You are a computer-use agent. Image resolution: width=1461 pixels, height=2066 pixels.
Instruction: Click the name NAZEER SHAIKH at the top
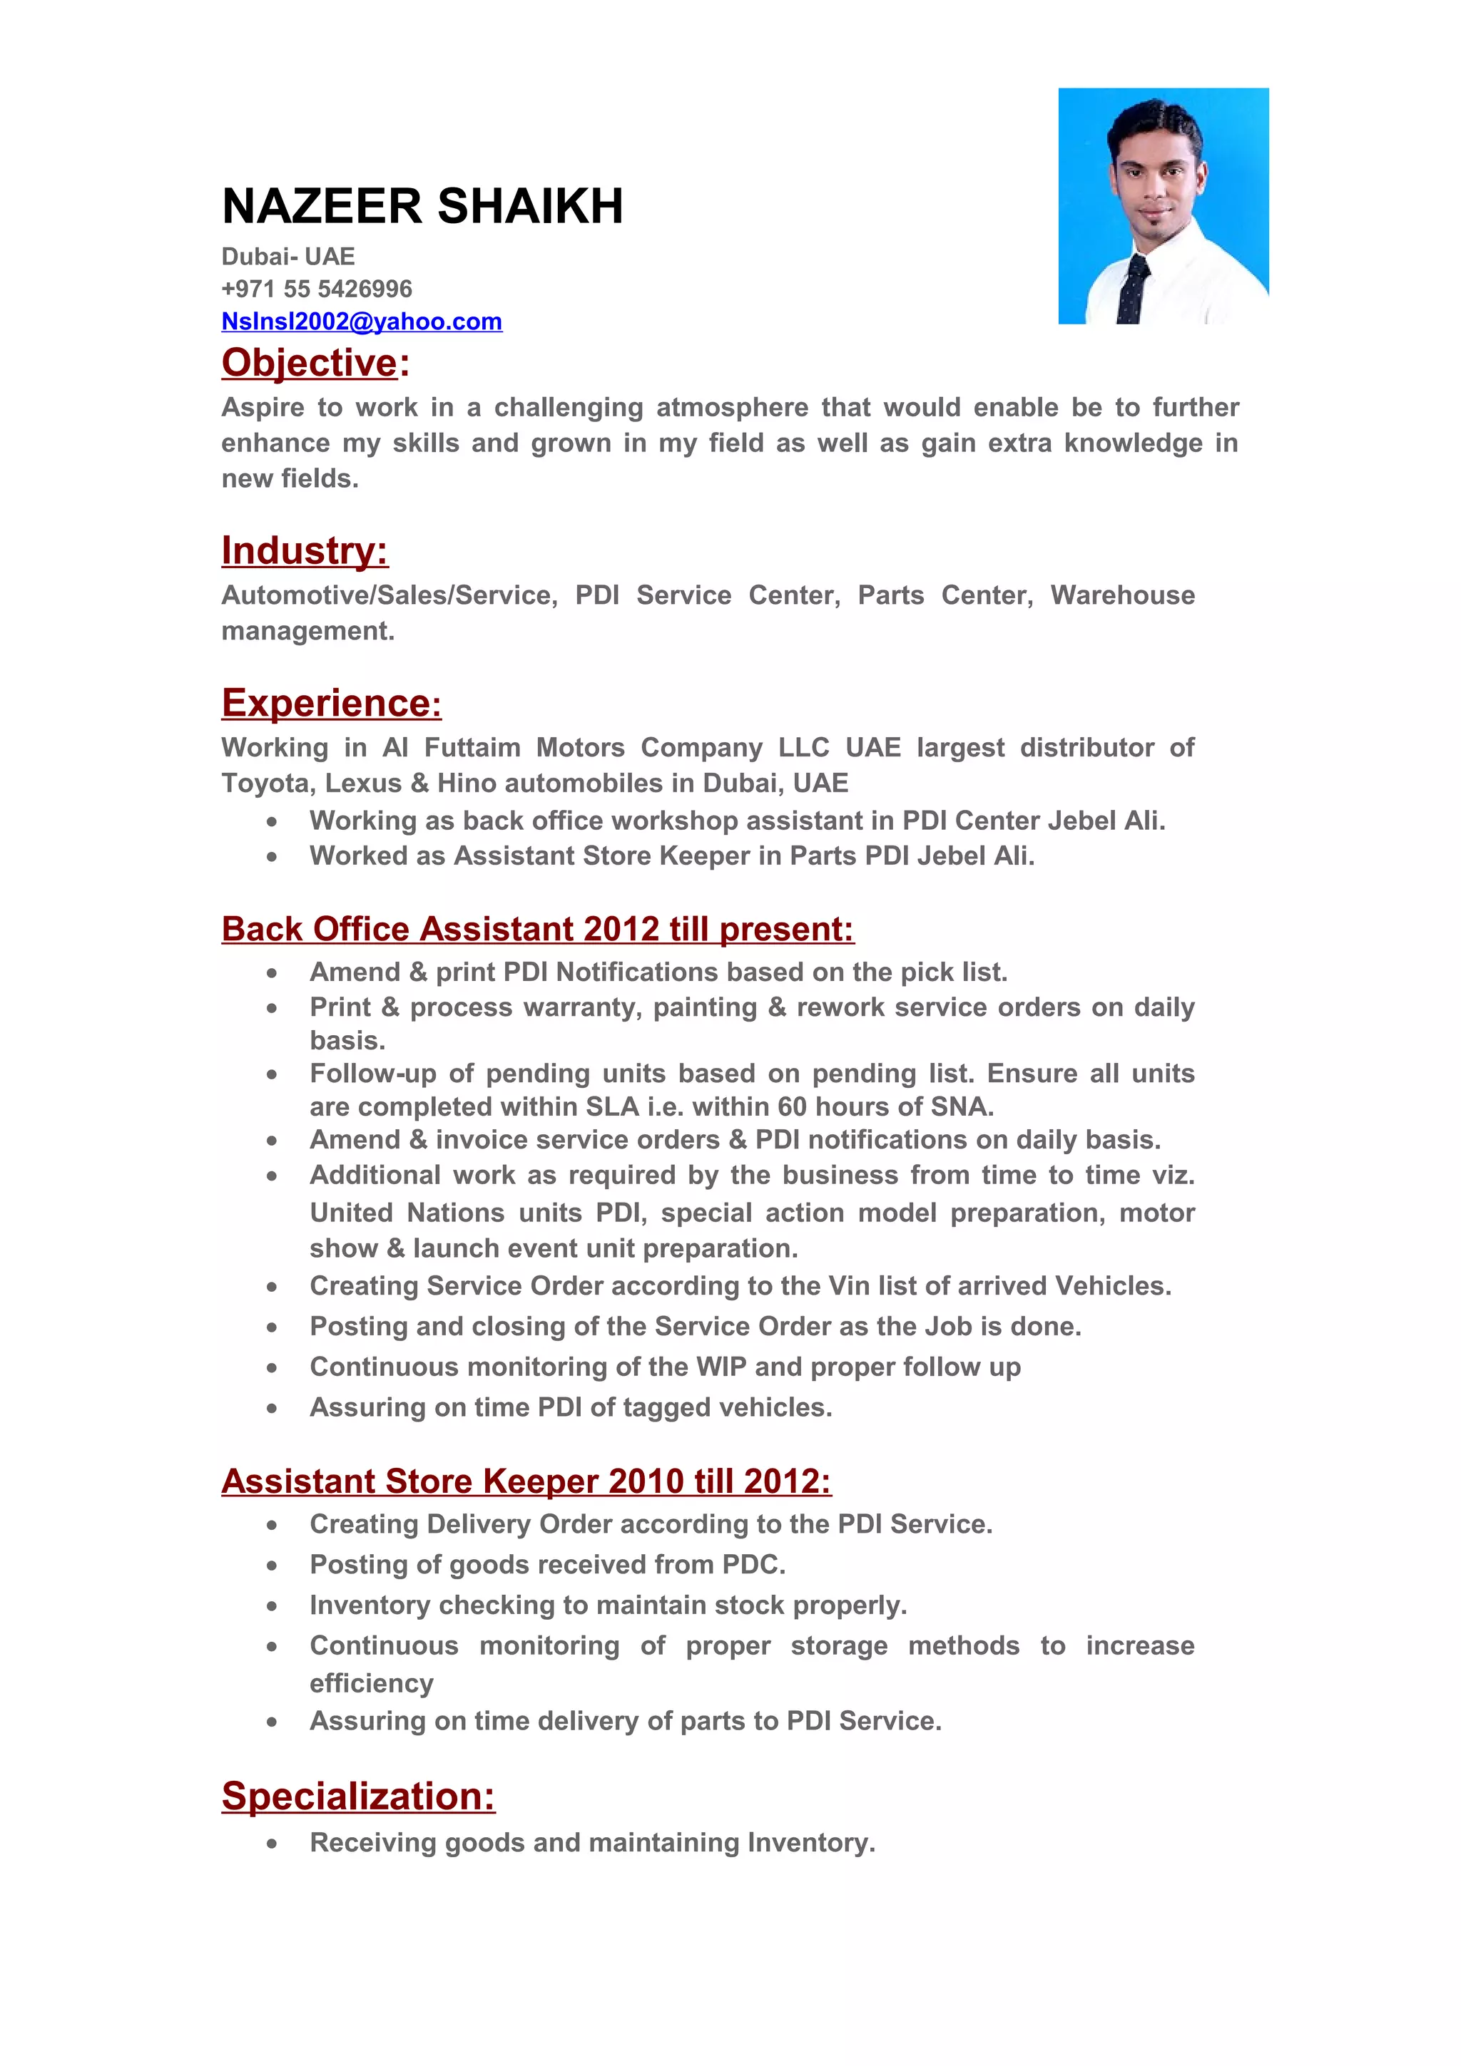[422, 206]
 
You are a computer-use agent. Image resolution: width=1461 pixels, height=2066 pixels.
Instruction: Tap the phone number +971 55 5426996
[316, 289]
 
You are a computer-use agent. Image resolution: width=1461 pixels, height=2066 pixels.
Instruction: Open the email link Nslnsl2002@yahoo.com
[361, 322]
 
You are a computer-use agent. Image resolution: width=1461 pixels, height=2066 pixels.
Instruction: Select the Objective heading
[310, 363]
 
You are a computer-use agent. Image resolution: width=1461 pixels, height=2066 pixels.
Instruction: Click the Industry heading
[305, 550]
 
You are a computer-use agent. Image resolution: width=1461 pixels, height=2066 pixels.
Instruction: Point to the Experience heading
[330, 703]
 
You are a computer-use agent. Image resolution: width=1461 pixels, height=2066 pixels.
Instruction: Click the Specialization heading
[357, 1795]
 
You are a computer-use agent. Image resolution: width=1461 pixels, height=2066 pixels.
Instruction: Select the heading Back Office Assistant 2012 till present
[536, 929]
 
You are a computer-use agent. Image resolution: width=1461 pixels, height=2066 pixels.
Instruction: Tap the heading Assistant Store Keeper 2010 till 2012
[526, 1480]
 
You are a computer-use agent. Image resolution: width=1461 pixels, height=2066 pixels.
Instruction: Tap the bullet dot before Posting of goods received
[271, 1566]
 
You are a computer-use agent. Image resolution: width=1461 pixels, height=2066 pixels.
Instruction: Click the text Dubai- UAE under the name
[288, 257]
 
